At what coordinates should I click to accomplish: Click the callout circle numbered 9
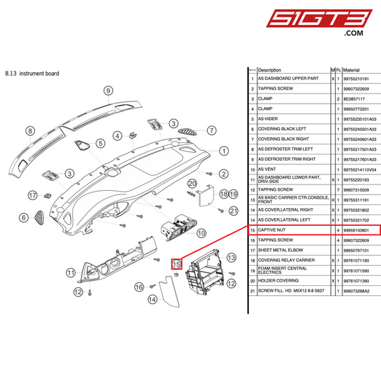109,91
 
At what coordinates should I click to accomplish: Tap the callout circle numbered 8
30,131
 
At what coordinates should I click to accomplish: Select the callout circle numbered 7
212,130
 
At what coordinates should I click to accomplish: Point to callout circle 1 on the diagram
223,151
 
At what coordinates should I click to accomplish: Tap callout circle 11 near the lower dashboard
71,272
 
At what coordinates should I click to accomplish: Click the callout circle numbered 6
24,218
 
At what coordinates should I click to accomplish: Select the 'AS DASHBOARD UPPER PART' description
287,79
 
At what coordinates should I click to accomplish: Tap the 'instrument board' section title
35,73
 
